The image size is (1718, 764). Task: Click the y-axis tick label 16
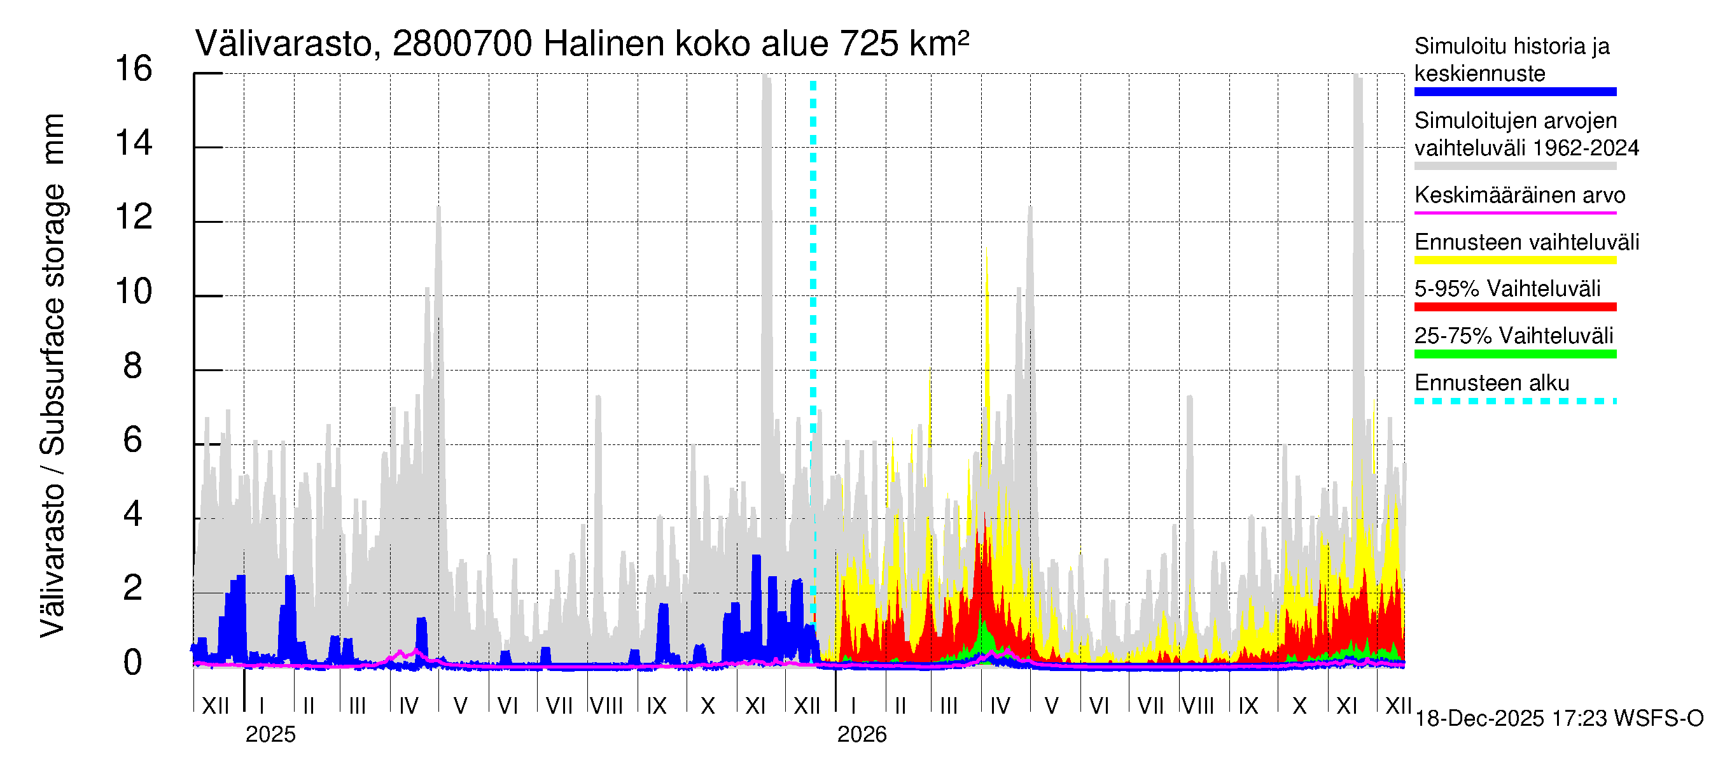point(134,69)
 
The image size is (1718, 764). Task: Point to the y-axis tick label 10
point(134,292)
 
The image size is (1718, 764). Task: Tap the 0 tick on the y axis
point(133,663)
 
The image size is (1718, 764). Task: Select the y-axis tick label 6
point(133,441)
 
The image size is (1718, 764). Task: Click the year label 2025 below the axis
point(270,735)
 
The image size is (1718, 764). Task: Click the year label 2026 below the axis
point(862,735)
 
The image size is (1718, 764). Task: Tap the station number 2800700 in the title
point(462,45)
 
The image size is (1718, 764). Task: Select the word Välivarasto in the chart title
point(283,45)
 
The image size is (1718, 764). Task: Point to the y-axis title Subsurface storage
point(53,320)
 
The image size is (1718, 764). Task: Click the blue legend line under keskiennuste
point(1515,92)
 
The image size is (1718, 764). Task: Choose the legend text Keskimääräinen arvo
point(1520,195)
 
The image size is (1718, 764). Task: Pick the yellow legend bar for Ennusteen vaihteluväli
point(1515,260)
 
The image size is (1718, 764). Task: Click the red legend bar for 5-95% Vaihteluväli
point(1515,307)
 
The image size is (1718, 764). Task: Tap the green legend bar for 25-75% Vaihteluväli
point(1515,355)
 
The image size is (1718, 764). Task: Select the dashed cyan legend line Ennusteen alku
point(1515,401)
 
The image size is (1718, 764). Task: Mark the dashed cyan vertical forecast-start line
point(813,334)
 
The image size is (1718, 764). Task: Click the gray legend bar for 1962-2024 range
point(1515,166)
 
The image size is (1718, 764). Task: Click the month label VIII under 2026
point(1198,706)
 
